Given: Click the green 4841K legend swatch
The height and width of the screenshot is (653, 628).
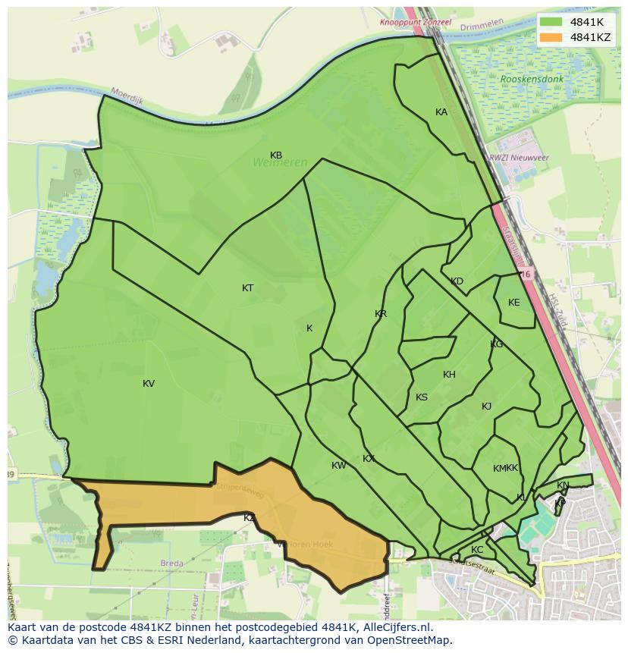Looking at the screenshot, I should [x=551, y=22].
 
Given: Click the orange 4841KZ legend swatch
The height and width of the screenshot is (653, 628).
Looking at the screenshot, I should [x=551, y=37].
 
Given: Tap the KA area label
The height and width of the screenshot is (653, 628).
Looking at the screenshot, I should [x=441, y=112].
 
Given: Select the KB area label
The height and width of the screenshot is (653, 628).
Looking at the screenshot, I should [x=276, y=155].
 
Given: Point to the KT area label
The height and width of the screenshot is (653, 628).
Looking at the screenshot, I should [x=248, y=288].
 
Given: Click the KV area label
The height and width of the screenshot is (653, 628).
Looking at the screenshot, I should [x=149, y=384].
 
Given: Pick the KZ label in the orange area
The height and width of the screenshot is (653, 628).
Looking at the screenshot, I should [x=249, y=517].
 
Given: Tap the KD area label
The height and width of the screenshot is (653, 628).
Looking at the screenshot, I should [x=457, y=281].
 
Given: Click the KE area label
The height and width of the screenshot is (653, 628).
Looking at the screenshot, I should [x=514, y=303].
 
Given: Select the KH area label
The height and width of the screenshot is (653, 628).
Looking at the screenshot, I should [x=449, y=375].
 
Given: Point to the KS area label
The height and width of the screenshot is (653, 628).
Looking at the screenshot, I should [x=422, y=397].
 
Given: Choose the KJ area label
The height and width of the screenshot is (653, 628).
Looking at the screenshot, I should [x=486, y=407].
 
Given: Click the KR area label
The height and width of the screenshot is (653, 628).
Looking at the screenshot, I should [x=381, y=314].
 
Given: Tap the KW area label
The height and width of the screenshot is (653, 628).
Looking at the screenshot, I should [x=338, y=466].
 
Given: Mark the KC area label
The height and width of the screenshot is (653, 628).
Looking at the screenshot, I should [x=477, y=550].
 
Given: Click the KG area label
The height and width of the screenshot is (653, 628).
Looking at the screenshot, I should [x=497, y=344].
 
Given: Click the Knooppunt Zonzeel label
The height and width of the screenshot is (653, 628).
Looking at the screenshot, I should [x=416, y=23].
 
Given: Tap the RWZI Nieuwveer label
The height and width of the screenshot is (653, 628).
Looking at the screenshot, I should [x=520, y=157].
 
